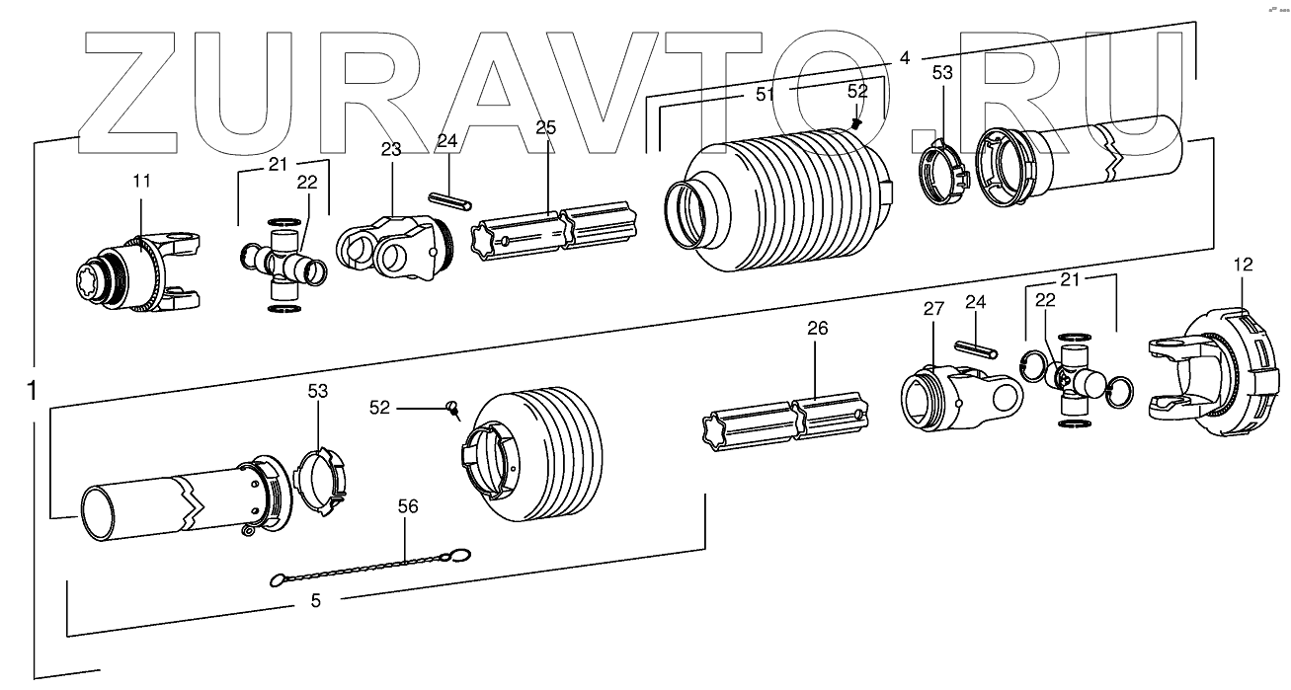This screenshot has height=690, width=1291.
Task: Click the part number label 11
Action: [x=142, y=181]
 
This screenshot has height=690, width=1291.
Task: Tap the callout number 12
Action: [x=1243, y=264]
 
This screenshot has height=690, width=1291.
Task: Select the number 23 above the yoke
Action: [x=391, y=150]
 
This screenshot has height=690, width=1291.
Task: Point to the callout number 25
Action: [x=546, y=128]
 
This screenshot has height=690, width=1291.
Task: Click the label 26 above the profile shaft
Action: [x=817, y=328]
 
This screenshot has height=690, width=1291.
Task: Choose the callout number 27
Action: [x=933, y=309]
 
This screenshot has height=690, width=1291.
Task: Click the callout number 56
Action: [x=407, y=506]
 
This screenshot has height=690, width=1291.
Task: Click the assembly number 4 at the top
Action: [x=904, y=58]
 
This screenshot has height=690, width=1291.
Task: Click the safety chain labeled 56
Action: [x=370, y=569]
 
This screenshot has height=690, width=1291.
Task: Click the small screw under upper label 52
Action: [x=856, y=123]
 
